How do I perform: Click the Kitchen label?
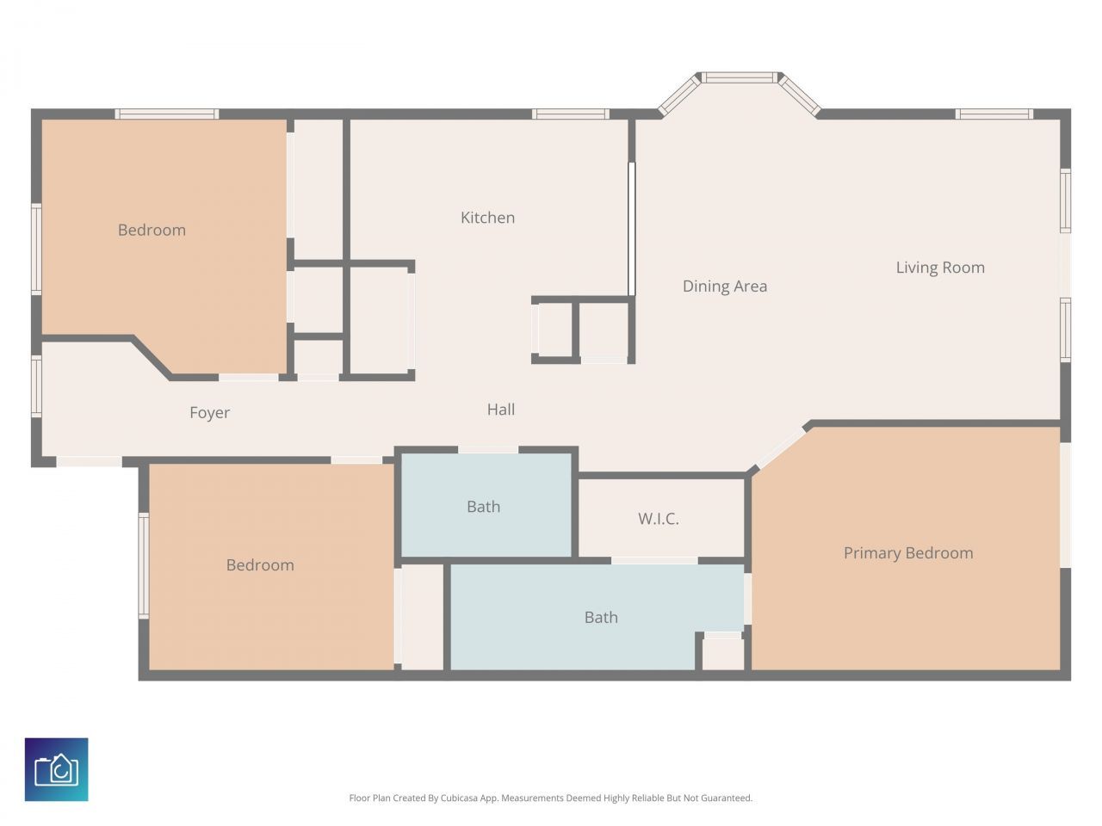click(487, 218)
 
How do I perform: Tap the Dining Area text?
click(724, 287)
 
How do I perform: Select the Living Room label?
click(939, 268)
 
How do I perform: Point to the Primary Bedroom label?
click(907, 553)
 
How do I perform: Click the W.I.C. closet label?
click(658, 519)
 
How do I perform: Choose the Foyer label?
click(209, 413)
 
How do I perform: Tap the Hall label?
click(500, 410)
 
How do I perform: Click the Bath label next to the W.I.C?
click(483, 507)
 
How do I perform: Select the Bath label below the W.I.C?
click(600, 617)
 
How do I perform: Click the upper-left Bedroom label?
click(152, 230)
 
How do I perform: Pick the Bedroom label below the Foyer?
click(259, 565)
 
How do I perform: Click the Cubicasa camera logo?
click(56, 769)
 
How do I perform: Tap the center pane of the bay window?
click(739, 77)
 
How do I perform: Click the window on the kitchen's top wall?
click(570, 114)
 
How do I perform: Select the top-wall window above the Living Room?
click(994, 114)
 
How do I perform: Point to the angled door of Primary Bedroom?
click(779, 448)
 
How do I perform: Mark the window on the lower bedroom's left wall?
click(144, 565)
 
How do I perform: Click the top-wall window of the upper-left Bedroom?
click(166, 114)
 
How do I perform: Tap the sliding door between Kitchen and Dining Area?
click(631, 229)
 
